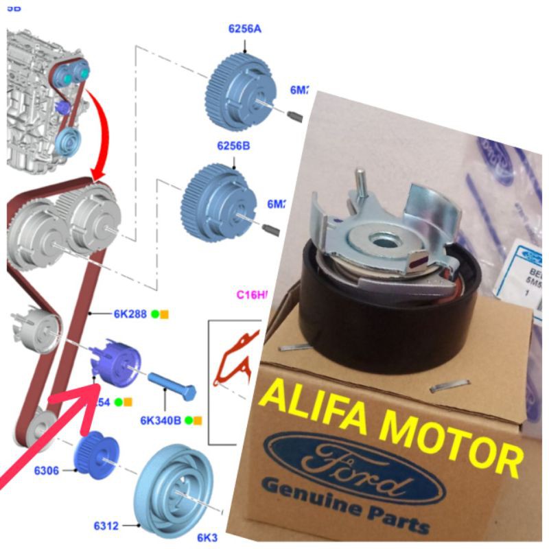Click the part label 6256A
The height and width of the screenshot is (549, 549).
point(245,29)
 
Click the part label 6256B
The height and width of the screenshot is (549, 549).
point(234,146)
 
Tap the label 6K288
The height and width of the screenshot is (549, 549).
point(130,314)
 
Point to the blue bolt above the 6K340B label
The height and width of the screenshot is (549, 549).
point(172,386)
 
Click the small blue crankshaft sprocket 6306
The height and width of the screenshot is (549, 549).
point(97,454)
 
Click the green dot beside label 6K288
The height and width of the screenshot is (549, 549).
point(155,314)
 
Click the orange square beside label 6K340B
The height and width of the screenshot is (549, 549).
point(198,419)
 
